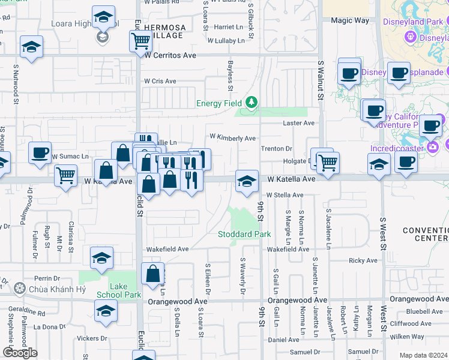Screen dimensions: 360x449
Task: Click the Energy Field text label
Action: coord(219,104)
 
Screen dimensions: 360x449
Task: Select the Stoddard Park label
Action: coord(244,234)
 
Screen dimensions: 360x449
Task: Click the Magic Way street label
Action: coord(350,20)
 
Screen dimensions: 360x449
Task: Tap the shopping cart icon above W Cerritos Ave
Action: coord(140,41)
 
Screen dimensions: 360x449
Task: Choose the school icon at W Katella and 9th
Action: coord(246,181)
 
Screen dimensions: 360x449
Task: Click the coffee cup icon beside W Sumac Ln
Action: coord(40,153)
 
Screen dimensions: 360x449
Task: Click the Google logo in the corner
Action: coord(20,353)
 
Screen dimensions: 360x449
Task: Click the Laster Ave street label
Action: coord(299,123)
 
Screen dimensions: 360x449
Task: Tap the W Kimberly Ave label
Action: coord(232,138)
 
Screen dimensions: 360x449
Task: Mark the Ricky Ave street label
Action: coord(363,260)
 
